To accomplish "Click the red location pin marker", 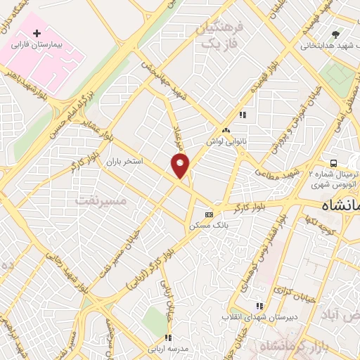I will point(180,166).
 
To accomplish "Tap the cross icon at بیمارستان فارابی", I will point(37,33).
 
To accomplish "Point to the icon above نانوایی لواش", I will point(226,131).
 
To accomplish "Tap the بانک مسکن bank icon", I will point(209,214).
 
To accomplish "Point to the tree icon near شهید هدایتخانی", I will point(335,34).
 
